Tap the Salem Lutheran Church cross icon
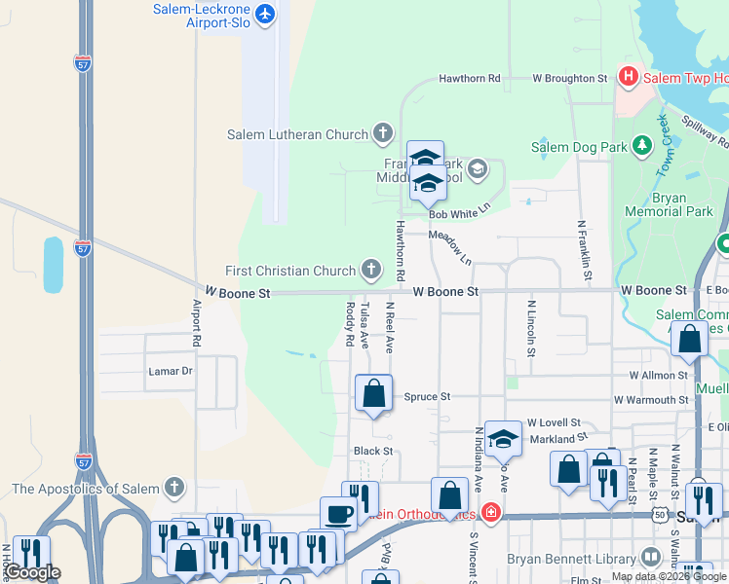[382, 134]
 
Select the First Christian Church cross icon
[370, 270]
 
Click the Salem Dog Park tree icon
[641, 147]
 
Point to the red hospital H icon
[629, 77]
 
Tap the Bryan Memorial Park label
[682, 203]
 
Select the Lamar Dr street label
[171, 371]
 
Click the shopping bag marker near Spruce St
[373, 394]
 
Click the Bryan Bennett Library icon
[650, 559]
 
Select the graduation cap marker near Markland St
[503, 440]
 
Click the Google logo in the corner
[32, 572]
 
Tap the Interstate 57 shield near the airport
[84, 62]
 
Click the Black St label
[372, 452]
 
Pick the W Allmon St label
[659, 375]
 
